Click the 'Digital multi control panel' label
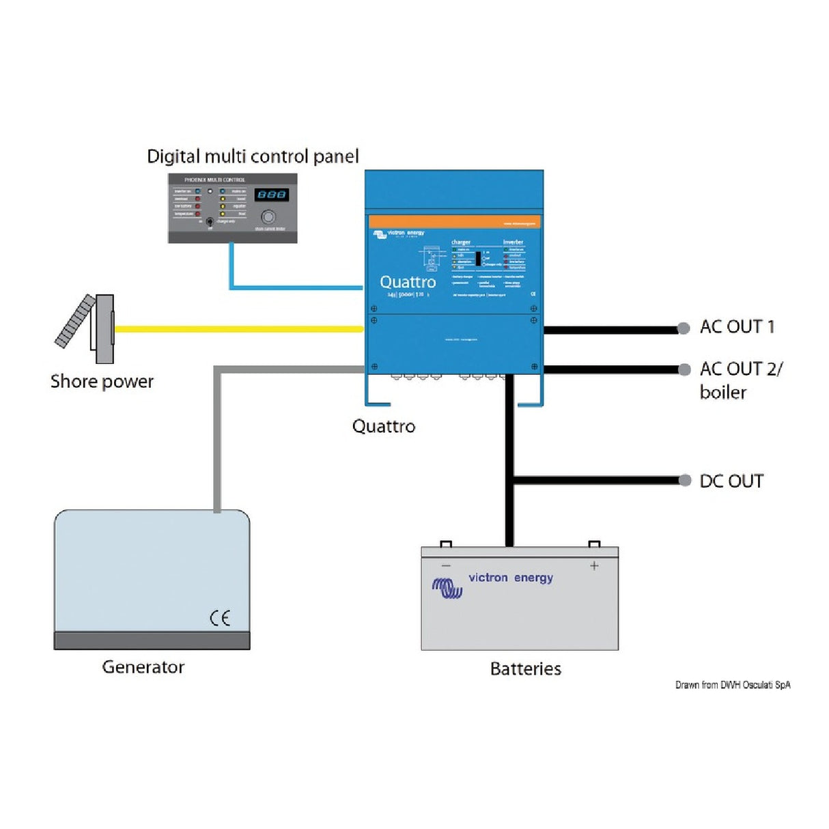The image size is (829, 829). (x=253, y=156)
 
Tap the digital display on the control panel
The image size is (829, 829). (x=271, y=195)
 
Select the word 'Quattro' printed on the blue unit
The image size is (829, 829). (x=408, y=282)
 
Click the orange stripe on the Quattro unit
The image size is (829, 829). (x=454, y=222)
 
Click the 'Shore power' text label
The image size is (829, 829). (x=102, y=381)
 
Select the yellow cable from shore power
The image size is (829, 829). (x=239, y=329)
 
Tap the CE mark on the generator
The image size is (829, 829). (x=220, y=618)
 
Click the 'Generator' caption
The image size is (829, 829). (x=143, y=667)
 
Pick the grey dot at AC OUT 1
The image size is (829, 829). (x=684, y=328)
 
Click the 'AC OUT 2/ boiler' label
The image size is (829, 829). (x=740, y=380)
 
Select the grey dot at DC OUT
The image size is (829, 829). (x=685, y=481)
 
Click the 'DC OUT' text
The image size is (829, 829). (x=731, y=481)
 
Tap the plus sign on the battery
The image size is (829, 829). (x=594, y=565)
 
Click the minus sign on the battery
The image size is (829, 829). (x=446, y=565)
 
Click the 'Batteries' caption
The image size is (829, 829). (x=525, y=669)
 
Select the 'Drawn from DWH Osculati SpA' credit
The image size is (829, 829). (x=733, y=685)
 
